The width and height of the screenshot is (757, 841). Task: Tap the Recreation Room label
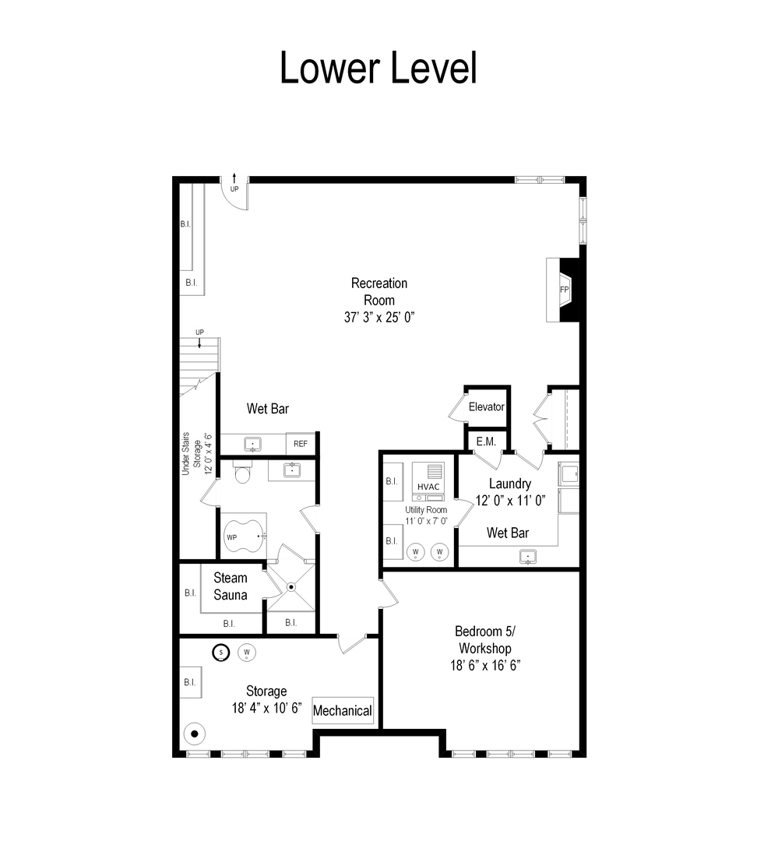tap(379, 291)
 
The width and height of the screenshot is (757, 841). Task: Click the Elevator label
tap(486, 406)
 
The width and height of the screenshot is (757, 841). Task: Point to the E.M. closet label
tap(486, 442)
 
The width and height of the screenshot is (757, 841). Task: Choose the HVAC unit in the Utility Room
tap(429, 485)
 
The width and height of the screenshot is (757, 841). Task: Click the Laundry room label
tap(510, 484)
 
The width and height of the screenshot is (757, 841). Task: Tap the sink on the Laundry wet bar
tap(529, 556)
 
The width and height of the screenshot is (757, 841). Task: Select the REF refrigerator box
tap(301, 444)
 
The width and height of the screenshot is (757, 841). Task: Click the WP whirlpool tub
tap(244, 535)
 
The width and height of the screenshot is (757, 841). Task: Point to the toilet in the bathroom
tap(241, 473)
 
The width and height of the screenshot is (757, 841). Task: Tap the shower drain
tap(291, 586)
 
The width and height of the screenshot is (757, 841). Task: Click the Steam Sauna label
tap(231, 586)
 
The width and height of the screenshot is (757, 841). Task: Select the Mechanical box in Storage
tap(343, 710)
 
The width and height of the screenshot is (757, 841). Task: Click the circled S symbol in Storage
tap(222, 653)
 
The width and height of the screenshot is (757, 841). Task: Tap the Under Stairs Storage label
tap(191, 452)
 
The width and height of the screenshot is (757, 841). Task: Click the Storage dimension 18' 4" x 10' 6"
tap(266, 708)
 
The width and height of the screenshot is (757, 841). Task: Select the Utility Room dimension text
tap(425, 521)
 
